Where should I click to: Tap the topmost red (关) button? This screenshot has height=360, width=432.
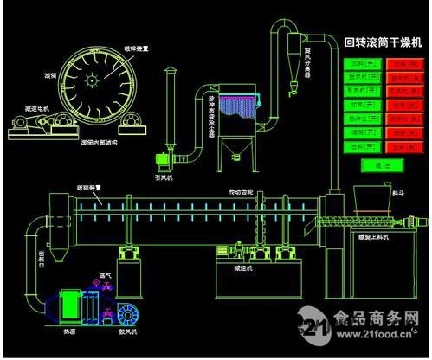[x=403, y=63]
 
